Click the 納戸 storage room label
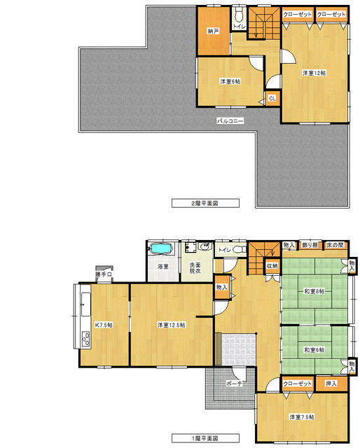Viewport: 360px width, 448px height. pos(214,31)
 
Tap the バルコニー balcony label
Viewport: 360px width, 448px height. pos(230,121)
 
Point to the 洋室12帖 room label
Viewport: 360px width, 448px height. pos(315,73)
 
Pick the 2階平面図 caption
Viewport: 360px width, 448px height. pos(206,203)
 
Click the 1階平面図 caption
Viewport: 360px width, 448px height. pos(206,439)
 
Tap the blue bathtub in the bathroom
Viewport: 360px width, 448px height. pos(162,248)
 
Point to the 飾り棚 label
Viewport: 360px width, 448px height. pos(310,245)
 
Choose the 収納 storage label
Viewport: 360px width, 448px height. pos(271,266)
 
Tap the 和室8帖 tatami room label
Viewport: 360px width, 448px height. pos(313,291)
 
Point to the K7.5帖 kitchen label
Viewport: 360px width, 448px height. pos(105,325)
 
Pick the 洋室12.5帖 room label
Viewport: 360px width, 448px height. pos(172,325)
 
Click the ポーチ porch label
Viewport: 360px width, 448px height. pos(235,384)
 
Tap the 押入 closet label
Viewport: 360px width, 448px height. pos(331,384)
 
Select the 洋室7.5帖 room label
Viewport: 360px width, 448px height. pos(302,417)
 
